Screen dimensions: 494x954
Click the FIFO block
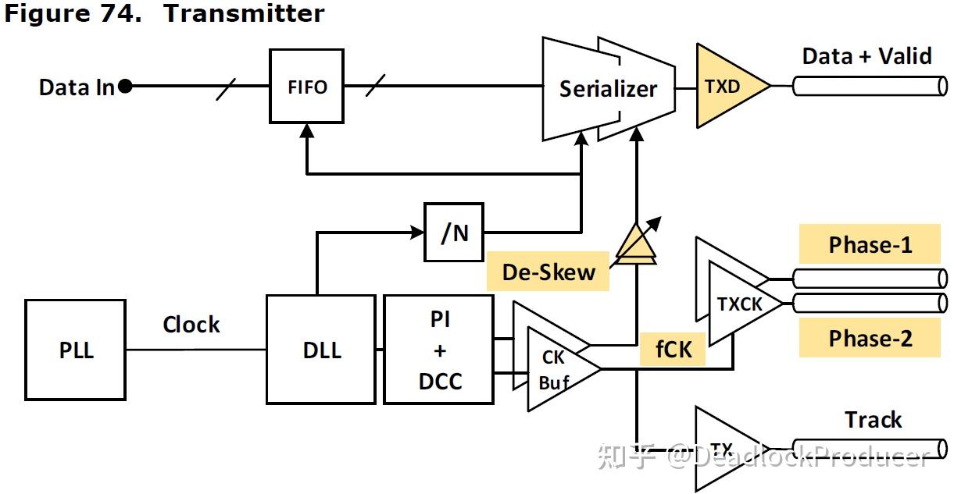click(x=306, y=86)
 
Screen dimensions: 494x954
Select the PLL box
click(x=76, y=350)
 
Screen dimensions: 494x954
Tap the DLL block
click(x=321, y=350)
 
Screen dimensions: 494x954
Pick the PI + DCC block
click(x=439, y=350)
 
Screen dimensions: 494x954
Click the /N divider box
click(x=454, y=232)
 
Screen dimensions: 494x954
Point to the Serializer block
click(x=608, y=89)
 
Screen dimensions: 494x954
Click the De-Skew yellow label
click(x=548, y=272)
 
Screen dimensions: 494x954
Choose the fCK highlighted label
click(x=674, y=349)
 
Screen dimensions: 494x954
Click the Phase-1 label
click(x=870, y=245)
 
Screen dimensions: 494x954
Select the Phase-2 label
click(x=870, y=339)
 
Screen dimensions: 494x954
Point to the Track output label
click(x=873, y=420)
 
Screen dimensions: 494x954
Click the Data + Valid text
click(x=866, y=56)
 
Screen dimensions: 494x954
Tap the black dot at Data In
click(x=124, y=87)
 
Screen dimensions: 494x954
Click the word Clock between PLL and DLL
click(x=191, y=324)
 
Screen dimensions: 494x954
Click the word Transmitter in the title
click(x=243, y=13)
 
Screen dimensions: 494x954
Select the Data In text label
click(x=77, y=87)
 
